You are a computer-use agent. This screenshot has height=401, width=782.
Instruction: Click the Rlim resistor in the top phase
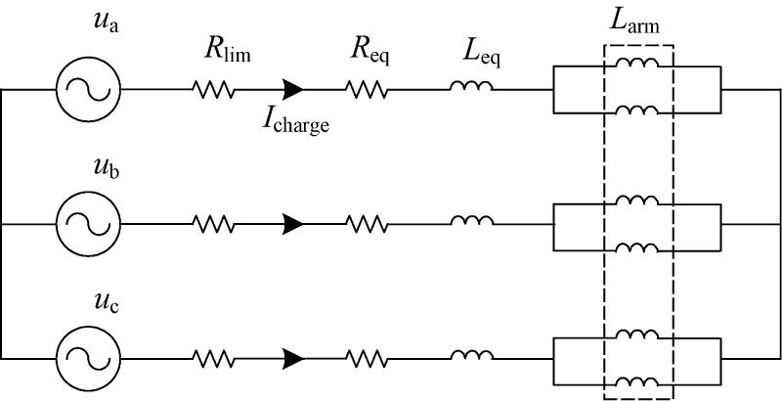[214, 90]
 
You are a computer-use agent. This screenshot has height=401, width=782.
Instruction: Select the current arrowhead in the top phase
[292, 90]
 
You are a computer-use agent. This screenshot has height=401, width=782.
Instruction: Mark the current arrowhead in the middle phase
[292, 225]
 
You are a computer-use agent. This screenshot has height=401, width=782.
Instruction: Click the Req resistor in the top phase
[367, 90]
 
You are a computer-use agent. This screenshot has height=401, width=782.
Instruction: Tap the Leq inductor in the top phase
[471, 88]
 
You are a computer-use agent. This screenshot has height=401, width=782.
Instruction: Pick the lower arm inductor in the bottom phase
[637, 380]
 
